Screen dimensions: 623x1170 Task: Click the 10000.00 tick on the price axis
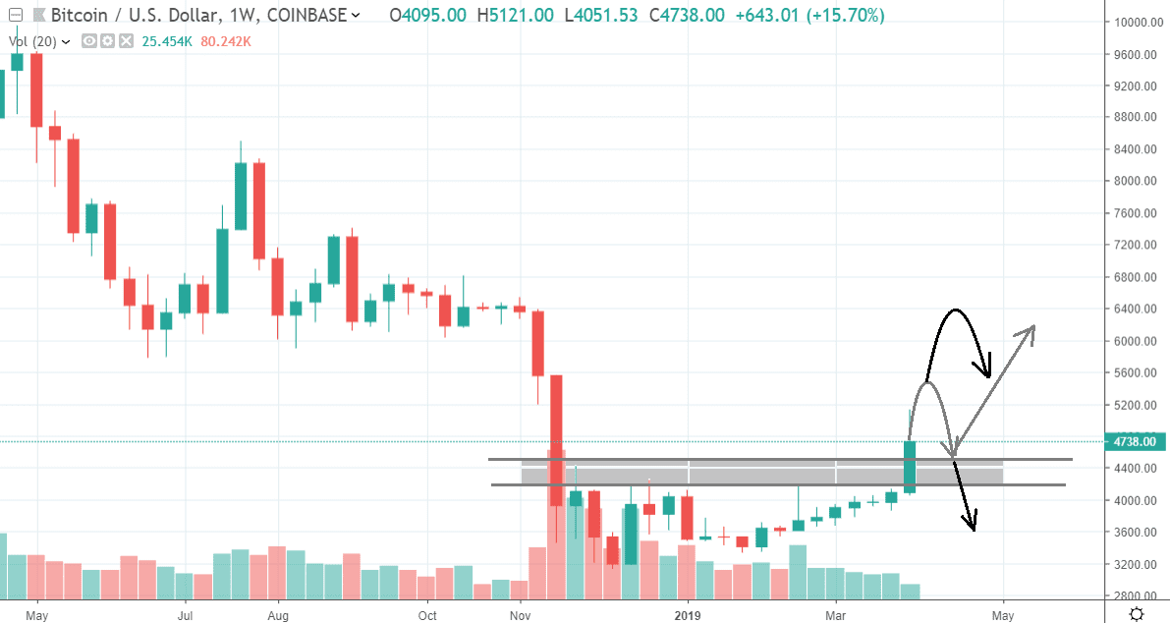[1136, 23]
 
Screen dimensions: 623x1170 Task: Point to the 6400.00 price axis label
[1136, 310]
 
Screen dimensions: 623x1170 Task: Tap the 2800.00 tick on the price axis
[1136, 596]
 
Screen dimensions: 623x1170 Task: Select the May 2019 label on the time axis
[1003, 615]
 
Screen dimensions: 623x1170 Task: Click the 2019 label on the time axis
[689, 615]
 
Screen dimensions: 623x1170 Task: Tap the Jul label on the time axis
[185, 615]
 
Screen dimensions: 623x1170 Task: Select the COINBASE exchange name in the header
[309, 16]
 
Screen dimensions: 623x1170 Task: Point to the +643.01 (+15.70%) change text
[808, 16]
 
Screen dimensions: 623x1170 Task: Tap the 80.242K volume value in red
[226, 41]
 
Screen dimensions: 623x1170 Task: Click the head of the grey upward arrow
[1031, 328]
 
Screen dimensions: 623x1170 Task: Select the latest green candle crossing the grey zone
[910, 467]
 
